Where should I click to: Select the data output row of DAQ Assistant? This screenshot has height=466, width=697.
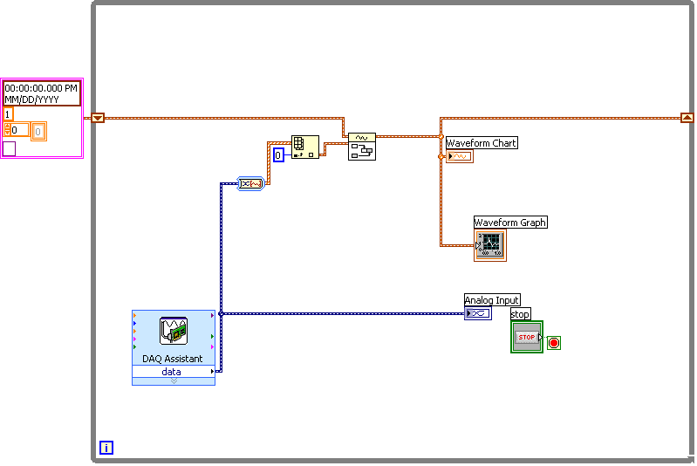click(173, 372)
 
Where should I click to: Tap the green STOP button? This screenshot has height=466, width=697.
click(526, 337)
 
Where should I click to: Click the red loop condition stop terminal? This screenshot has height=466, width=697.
click(554, 343)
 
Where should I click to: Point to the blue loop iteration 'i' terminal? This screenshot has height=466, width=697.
click(106, 448)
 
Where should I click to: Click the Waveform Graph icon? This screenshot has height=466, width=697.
click(490, 245)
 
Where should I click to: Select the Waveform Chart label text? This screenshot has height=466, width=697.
click(481, 143)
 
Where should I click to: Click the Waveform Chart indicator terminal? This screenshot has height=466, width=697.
click(459, 156)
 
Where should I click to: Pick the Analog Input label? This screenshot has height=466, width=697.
click(492, 300)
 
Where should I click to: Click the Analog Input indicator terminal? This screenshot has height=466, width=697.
click(477, 313)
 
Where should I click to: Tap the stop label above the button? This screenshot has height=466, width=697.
click(520, 314)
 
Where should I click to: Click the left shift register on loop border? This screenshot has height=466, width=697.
click(98, 118)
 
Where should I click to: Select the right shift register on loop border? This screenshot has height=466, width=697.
click(687, 118)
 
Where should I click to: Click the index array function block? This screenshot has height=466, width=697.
click(304, 147)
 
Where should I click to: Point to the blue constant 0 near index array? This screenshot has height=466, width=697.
click(278, 155)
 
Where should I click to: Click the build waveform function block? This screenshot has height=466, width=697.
click(361, 147)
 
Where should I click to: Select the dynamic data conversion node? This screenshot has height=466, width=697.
click(250, 183)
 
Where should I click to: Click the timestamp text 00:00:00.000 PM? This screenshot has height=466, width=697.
click(41, 88)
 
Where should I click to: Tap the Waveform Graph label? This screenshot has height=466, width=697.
click(510, 223)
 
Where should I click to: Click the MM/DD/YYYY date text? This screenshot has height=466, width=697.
click(30, 99)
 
